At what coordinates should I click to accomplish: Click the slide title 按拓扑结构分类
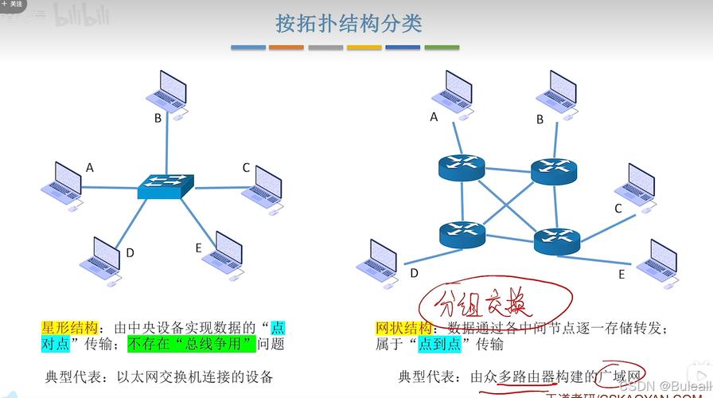(349, 23)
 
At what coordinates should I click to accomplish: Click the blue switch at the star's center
(166, 185)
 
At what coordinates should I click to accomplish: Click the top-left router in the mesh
(461, 166)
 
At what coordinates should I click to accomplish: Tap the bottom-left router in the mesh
(462, 232)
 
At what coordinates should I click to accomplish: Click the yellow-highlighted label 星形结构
(69, 328)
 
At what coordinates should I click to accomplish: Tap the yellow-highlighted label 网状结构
(403, 328)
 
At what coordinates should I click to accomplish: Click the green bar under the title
(442, 48)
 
